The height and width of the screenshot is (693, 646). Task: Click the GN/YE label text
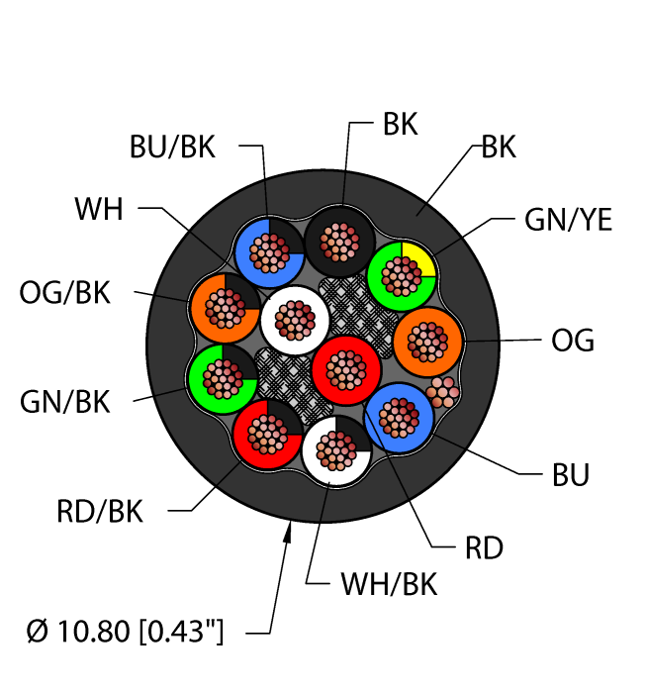(566, 220)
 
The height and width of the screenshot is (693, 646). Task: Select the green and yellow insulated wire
(402, 273)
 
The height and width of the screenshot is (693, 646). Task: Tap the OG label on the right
(572, 341)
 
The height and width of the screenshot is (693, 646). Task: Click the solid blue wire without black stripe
(400, 417)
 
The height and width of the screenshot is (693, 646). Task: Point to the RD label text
(484, 546)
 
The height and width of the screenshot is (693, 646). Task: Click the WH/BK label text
(388, 585)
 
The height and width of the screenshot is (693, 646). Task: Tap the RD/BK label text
(100, 512)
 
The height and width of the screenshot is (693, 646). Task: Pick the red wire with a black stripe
(267, 434)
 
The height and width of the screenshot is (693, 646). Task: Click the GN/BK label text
(65, 402)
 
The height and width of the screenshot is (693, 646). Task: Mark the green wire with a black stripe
(223, 378)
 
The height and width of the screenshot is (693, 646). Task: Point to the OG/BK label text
(65, 293)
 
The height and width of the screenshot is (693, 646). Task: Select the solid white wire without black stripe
(294, 320)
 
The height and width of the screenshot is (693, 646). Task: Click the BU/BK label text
(172, 148)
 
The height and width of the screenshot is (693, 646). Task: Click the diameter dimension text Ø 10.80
(126, 630)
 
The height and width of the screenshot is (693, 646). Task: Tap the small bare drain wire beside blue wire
(443, 392)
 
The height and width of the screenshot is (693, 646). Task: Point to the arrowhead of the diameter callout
(289, 534)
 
